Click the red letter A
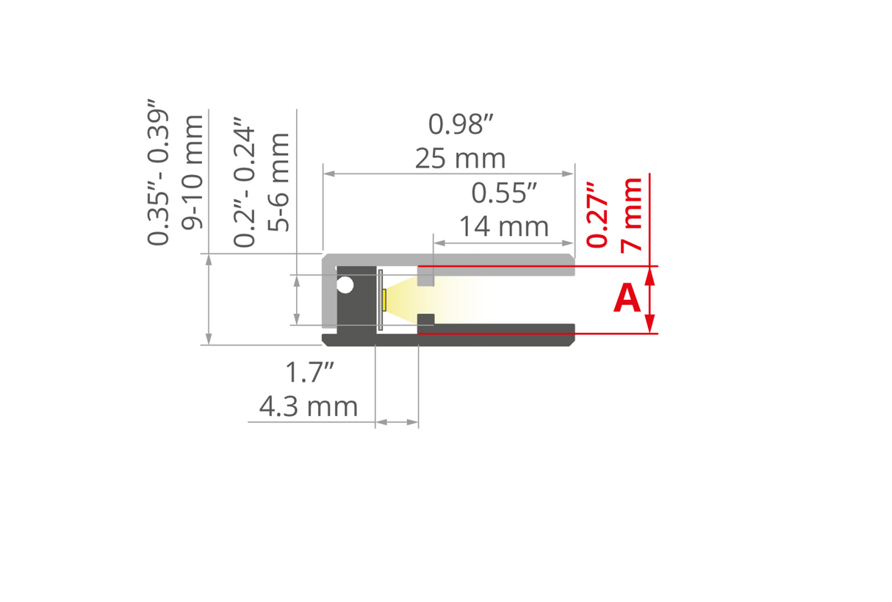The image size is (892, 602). [x=627, y=299]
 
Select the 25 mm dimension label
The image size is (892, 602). [x=460, y=158]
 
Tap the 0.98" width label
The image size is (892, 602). [x=460, y=125]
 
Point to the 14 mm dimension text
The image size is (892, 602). [x=504, y=226]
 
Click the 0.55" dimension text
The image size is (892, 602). [x=504, y=193]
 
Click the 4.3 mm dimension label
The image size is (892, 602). [x=309, y=406]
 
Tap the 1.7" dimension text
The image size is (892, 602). [x=309, y=373]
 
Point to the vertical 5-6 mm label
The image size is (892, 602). [x=278, y=182]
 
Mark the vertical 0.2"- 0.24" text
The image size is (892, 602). [x=245, y=187]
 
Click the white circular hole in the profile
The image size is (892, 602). [x=345, y=285]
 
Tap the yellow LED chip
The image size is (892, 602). [x=384, y=300]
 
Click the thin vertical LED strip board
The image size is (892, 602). [x=380, y=300]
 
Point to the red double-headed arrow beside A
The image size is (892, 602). [x=650, y=300]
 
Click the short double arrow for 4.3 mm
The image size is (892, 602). [x=397, y=423]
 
